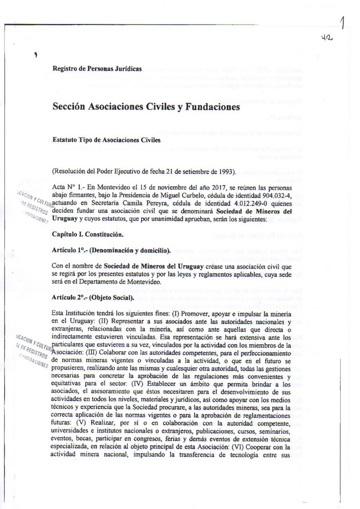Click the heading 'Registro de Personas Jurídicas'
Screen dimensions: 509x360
tap(97, 68)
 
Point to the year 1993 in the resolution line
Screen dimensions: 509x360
tap(225, 171)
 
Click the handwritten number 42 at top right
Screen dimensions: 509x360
tap(327, 38)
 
